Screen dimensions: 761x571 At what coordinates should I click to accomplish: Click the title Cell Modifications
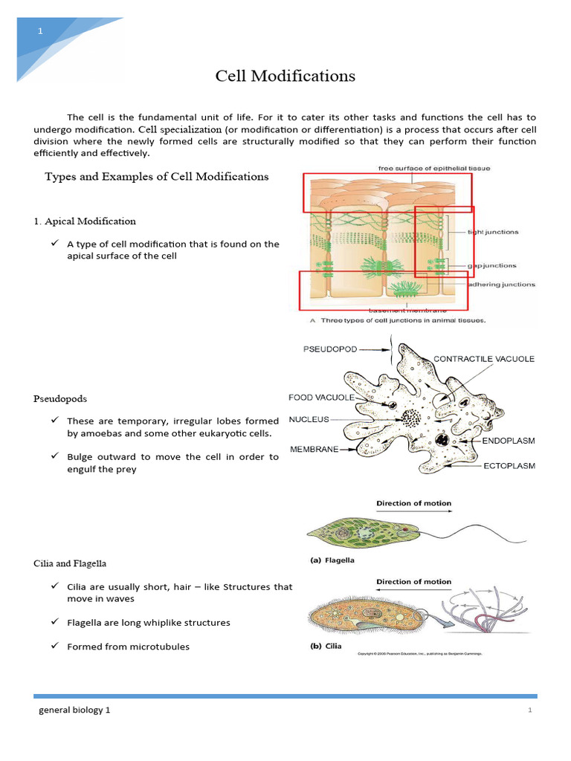[285, 76]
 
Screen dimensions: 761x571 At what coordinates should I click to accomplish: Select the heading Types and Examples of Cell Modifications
[157, 177]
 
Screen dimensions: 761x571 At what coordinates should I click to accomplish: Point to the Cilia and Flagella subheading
[74, 564]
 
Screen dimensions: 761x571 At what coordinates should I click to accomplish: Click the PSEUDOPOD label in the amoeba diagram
[331, 349]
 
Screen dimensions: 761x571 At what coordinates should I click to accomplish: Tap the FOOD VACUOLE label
[321, 398]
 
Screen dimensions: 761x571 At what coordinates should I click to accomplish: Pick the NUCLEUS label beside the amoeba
[309, 420]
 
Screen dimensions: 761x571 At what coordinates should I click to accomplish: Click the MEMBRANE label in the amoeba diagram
[313, 449]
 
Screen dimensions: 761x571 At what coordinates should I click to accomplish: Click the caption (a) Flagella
[332, 562]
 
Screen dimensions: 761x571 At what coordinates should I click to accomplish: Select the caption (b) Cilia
[326, 646]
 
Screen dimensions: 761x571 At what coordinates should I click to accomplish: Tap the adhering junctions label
[501, 284]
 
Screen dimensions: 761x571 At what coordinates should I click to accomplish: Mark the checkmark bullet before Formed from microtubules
[55, 646]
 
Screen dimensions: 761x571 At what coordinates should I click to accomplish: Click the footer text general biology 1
[74, 710]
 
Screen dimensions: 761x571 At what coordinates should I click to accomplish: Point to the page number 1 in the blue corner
[41, 30]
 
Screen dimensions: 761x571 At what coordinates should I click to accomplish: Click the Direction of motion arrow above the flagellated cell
[413, 513]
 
